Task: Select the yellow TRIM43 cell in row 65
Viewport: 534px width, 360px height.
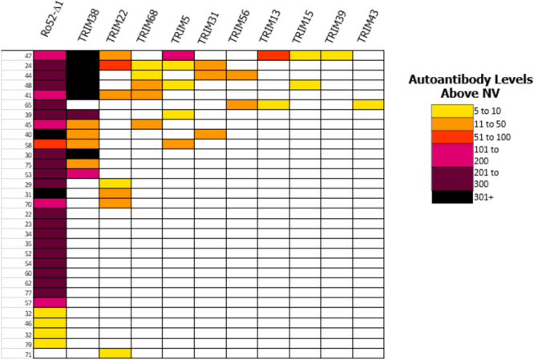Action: coord(368,104)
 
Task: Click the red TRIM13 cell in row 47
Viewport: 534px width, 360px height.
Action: coord(273,55)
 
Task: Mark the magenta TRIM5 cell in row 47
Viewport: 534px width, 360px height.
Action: coord(178,55)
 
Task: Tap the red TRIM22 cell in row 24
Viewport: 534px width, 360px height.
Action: coord(115,65)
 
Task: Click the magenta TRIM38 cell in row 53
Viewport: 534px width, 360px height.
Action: coord(83,173)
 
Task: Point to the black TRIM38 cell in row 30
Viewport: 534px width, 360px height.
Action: coord(83,154)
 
